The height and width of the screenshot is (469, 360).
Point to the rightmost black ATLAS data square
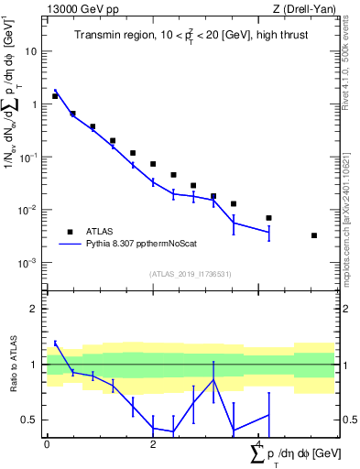pyautogui.click(x=314, y=235)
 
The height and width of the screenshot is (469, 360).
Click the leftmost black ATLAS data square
pyautogui.click(x=55, y=96)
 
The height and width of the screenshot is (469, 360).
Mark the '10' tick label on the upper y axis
pyautogui.click(x=30, y=51)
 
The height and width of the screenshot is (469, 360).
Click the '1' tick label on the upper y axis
pyautogui.click(x=34, y=104)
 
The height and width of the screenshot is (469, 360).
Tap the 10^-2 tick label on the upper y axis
pyautogui.click(x=28, y=210)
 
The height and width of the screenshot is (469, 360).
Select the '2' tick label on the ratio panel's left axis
pyautogui.click(x=34, y=309)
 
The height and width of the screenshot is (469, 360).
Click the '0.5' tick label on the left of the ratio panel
pyautogui.click(x=29, y=420)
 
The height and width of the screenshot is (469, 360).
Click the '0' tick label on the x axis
pyautogui.click(x=47, y=443)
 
